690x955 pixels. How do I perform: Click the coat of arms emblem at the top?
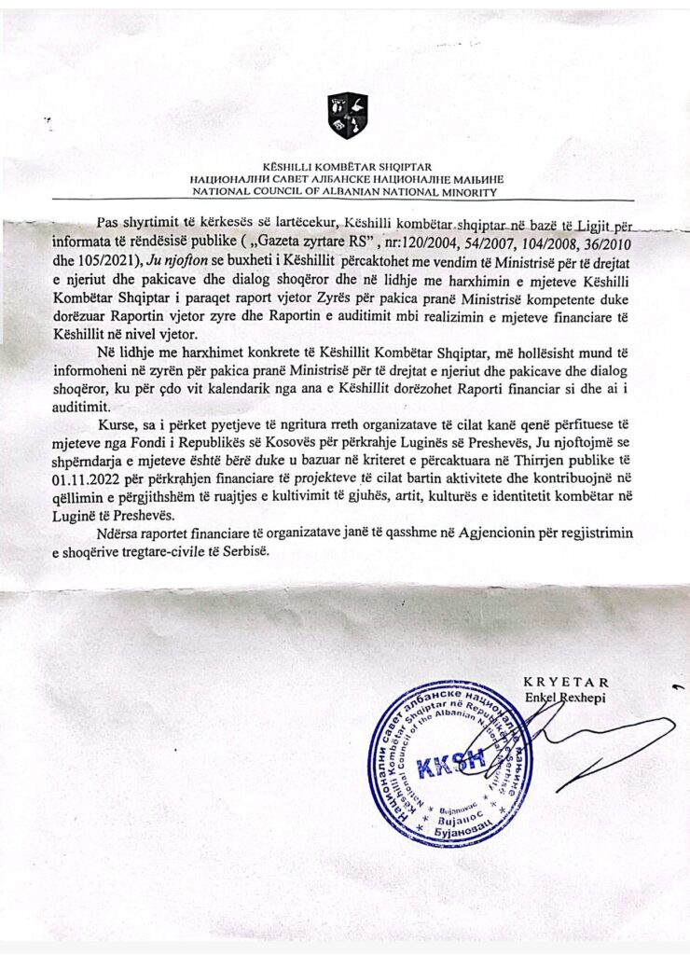(347, 116)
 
